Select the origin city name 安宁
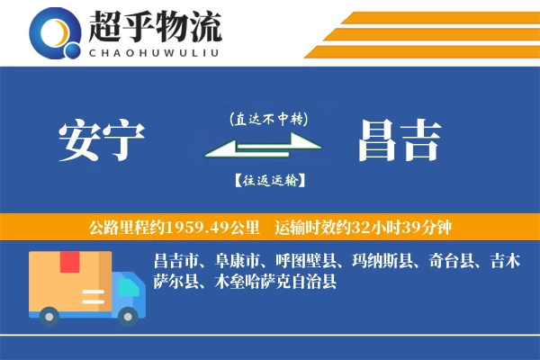(x=101, y=142)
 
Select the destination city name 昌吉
(x=399, y=142)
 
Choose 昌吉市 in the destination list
(x=177, y=262)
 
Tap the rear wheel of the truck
(x=50, y=314)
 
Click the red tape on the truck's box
(x=70, y=262)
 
